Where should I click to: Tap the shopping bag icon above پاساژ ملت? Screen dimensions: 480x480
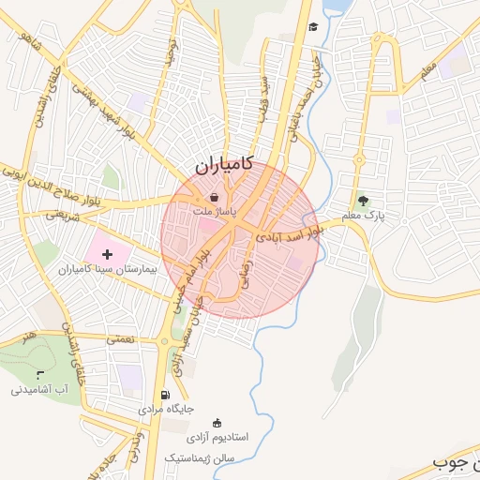[216, 198]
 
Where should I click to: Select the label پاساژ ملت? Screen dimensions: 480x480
[215, 213]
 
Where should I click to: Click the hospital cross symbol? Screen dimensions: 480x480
[106, 253]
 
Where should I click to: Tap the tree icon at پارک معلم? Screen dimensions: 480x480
[363, 201]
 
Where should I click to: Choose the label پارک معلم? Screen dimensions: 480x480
[364, 217]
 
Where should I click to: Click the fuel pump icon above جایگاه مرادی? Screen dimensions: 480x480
[166, 395]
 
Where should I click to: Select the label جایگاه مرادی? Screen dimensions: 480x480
[166, 410]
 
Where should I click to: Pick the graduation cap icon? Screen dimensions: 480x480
[313, 26]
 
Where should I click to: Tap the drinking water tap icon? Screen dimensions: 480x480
[38, 374]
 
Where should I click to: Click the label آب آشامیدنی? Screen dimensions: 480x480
[37, 389]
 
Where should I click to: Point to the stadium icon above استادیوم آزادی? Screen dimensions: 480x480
[218, 422]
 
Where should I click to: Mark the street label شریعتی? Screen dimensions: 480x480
[66, 215]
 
